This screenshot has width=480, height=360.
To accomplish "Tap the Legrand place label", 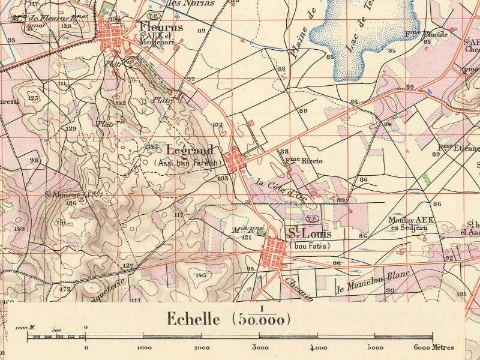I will (188, 150).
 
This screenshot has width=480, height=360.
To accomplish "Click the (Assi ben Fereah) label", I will (187, 162).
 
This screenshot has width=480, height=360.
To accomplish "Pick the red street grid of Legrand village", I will (235, 160).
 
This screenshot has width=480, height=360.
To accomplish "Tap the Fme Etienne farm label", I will (459, 148).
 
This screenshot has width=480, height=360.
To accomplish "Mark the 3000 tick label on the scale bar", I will (260, 347).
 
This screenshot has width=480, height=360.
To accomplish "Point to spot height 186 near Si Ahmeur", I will (71, 203).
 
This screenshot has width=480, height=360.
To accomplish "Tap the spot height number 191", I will (61, 223).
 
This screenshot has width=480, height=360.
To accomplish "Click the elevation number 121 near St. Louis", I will (246, 237).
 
